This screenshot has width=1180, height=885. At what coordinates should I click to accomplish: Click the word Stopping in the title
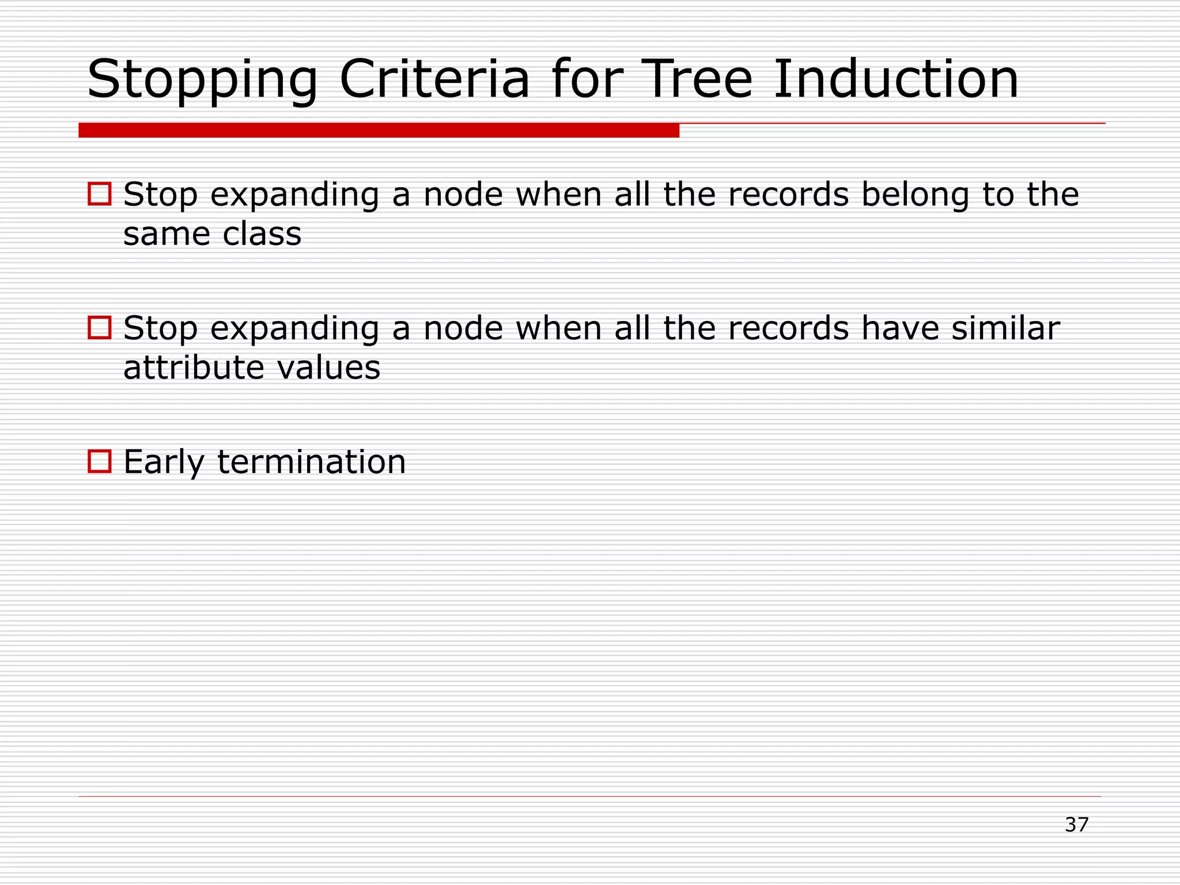pyautogui.click(x=202, y=81)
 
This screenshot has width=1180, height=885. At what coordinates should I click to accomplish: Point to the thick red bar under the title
pyautogui.click(x=379, y=130)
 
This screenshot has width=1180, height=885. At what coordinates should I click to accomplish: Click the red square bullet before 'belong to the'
pyautogui.click(x=100, y=194)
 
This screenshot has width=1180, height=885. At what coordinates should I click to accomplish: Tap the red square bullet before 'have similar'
pyautogui.click(x=100, y=328)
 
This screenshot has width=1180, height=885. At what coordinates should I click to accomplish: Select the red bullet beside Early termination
pyautogui.click(x=100, y=462)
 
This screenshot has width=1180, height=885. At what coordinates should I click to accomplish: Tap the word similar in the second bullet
pyautogui.click(x=1005, y=328)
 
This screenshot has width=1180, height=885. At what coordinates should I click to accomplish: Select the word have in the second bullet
pyautogui.click(x=900, y=328)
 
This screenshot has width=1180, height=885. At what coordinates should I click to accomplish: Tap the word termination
pyautogui.click(x=312, y=462)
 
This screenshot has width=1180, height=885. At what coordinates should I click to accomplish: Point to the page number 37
pyautogui.click(x=1076, y=825)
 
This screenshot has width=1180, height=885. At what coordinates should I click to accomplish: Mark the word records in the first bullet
pyautogui.click(x=788, y=194)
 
